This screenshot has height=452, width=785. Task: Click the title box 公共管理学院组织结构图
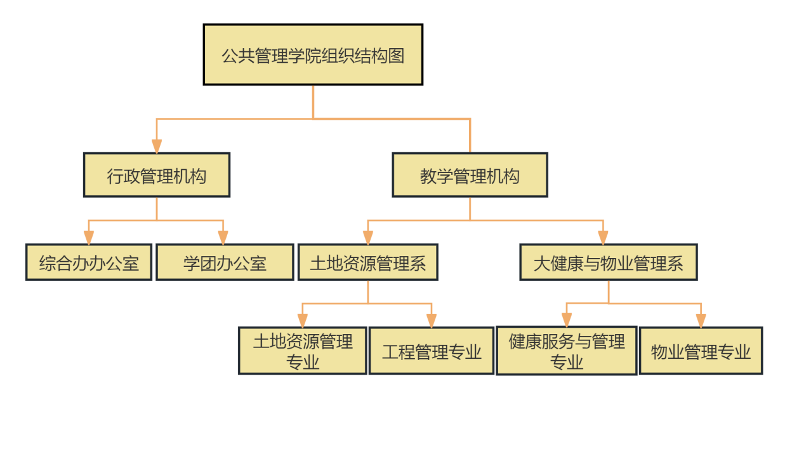[313, 55]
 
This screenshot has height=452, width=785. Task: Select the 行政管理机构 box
[157, 175]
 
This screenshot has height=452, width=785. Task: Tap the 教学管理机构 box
[470, 175]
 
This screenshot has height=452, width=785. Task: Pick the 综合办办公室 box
[89, 262]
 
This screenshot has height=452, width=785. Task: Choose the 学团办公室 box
[225, 262]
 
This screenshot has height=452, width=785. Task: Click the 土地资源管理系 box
[368, 262]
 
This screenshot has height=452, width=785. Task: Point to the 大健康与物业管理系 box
[609, 262]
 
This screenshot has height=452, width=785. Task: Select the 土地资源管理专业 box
[303, 351]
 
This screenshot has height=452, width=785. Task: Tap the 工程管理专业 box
[432, 351]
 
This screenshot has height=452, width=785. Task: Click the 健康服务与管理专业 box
[567, 351]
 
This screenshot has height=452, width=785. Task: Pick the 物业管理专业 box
[701, 351]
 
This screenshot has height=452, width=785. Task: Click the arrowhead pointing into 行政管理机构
[157, 146]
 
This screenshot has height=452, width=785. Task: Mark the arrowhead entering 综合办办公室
[89, 238]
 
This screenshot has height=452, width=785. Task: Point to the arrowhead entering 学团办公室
[223, 238]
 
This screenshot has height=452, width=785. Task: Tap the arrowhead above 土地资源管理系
[368, 238]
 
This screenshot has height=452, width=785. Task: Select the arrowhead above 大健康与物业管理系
[603, 238]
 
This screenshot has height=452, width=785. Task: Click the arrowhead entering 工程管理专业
[432, 321]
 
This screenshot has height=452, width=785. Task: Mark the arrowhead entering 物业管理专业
[701, 321]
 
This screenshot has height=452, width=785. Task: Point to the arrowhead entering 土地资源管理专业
[303, 321]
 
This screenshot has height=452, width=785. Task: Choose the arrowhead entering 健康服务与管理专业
[567, 320]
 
